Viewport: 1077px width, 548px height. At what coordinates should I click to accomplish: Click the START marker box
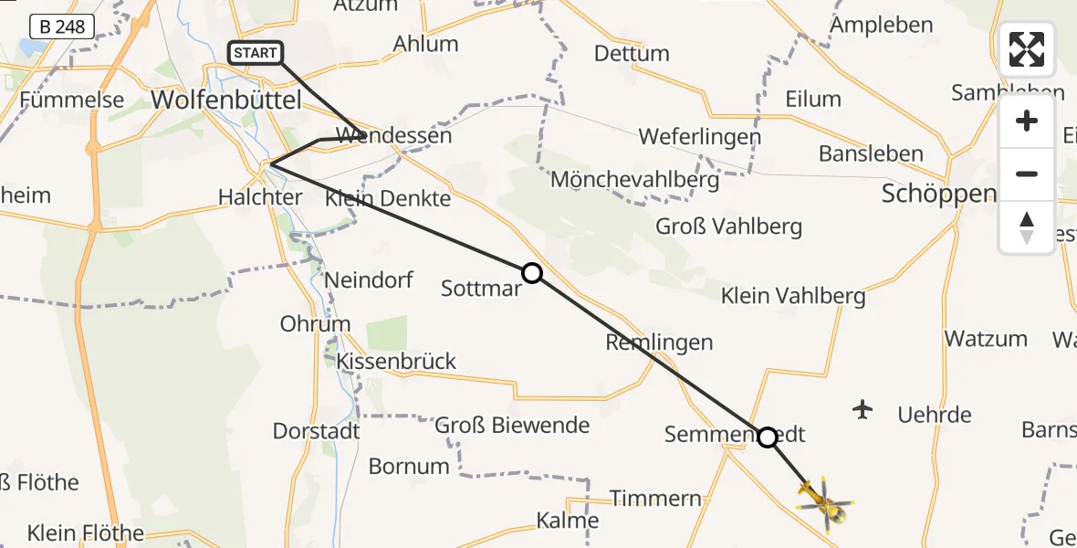tap(256, 53)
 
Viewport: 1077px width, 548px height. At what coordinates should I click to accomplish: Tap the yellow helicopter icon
tap(824, 501)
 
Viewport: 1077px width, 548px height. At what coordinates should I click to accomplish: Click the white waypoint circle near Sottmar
tap(532, 273)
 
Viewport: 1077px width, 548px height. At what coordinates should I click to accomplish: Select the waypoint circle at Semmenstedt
tap(768, 437)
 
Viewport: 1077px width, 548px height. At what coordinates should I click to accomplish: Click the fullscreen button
tap(1027, 49)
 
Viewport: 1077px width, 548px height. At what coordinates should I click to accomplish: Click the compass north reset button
tap(1027, 227)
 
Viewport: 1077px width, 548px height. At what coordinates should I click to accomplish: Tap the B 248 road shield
tap(63, 26)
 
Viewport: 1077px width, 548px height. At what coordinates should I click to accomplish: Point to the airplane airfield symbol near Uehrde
tap(863, 409)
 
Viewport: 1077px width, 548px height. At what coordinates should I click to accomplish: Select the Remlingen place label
tap(659, 342)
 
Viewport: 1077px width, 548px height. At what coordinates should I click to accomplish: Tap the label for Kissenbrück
tap(396, 361)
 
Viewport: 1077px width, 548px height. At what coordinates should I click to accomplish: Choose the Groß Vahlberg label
tap(728, 227)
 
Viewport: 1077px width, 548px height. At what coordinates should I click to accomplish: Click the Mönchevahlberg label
tap(634, 179)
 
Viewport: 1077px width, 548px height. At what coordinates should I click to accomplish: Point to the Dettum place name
tap(632, 54)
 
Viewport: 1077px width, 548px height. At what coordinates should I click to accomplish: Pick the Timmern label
tap(655, 498)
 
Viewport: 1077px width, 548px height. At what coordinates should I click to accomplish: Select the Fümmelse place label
tap(71, 100)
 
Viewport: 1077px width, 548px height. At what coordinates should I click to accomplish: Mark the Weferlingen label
tap(699, 137)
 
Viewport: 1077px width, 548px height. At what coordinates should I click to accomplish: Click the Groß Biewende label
tap(512, 425)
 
